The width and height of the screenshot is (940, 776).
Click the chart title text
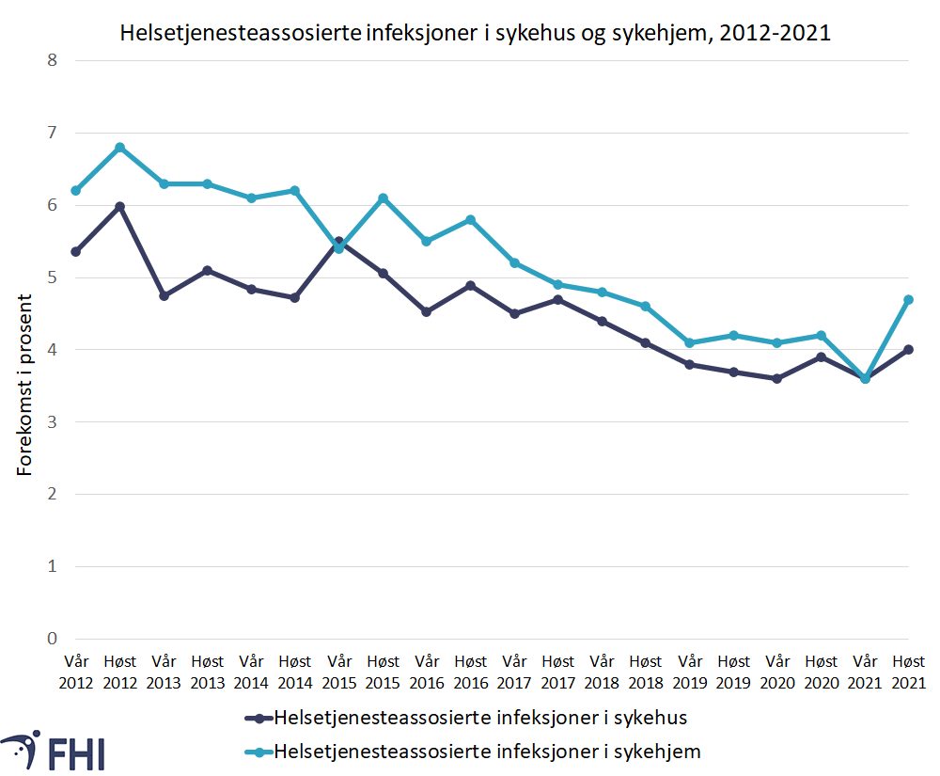pyautogui.click(x=475, y=34)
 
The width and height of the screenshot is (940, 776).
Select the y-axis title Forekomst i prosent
pyautogui.click(x=25, y=385)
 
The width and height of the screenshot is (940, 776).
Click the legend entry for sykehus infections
pyautogui.click(x=479, y=719)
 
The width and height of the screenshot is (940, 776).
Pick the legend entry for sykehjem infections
pyautogui.click(x=487, y=752)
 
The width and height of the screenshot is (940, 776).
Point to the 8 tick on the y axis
pyautogui.click(x=52, y=61)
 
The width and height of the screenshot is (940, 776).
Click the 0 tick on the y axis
pyautogui.click(x=52, y=639)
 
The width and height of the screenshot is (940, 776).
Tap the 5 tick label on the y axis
pyautogui.click(x=52, y=277)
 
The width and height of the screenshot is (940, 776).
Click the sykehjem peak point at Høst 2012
pyautogui.click(x=119, y=148)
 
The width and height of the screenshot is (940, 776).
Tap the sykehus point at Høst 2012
pyautogui.click(x=119, y=206)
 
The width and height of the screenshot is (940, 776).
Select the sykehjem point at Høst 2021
pyautogui.click(x=909, y=299)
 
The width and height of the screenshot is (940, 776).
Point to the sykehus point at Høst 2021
pyautogui.click(x=909, y=350)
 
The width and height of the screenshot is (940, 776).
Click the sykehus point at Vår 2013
pyautogui.click(x=164, y=295)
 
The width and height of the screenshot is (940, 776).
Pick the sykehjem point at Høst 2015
pyautogui.click(x=383, y=198)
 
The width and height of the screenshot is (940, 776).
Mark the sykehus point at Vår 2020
pyautogui.click(x=777, y=378)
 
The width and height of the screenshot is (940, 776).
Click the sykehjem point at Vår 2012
pyautogui.click(x=75, y=191)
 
